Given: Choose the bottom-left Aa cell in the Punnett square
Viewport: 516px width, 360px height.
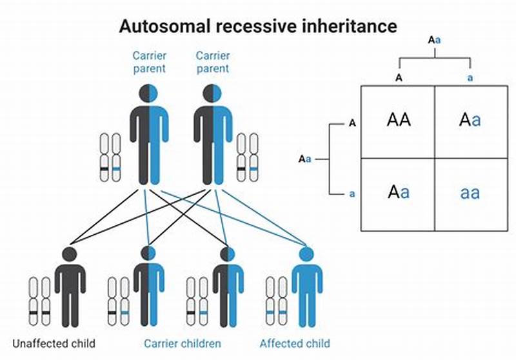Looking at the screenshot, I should (398, 192).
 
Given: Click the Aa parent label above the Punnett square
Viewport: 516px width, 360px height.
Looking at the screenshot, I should (435, 40).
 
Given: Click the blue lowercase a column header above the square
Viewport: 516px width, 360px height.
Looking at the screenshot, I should (470, 77).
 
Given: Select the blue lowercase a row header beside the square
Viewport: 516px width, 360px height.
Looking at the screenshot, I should (352, 193).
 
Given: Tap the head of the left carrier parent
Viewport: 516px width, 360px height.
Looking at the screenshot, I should (150, 94).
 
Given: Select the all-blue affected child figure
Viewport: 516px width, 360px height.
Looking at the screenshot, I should (306, 287).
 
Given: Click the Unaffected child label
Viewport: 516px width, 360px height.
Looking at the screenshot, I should (54, 343).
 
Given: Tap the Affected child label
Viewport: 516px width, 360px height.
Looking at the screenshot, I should (294, 343).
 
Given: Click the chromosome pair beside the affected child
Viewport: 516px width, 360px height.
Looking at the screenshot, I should (276, 301).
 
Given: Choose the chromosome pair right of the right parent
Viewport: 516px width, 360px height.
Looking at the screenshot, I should (247, 157).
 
